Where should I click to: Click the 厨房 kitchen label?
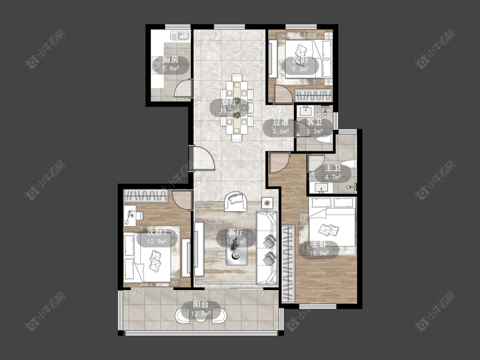coord(171,60)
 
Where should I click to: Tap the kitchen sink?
coord(180,36)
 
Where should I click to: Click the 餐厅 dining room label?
coord(229,102)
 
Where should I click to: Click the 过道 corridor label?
coord(281,122)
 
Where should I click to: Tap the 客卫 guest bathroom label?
coord(314,122)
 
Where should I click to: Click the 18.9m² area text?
coord(319,253)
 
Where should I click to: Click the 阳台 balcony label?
coord(201,305)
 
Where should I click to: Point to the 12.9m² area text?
coord(157,241)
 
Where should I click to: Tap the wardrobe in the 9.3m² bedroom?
coord(314,95)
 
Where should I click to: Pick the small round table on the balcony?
coord(201,315)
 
